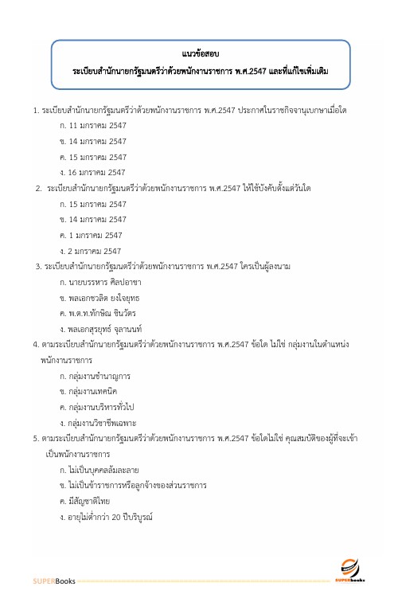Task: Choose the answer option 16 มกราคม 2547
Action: tap(94, 172)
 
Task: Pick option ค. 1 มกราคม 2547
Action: tap(91, 235)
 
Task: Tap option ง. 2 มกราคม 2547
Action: tap(91, 251)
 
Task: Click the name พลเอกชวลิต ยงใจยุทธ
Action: tap(103, 297)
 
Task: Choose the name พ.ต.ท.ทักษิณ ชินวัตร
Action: tap(103, 313)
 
